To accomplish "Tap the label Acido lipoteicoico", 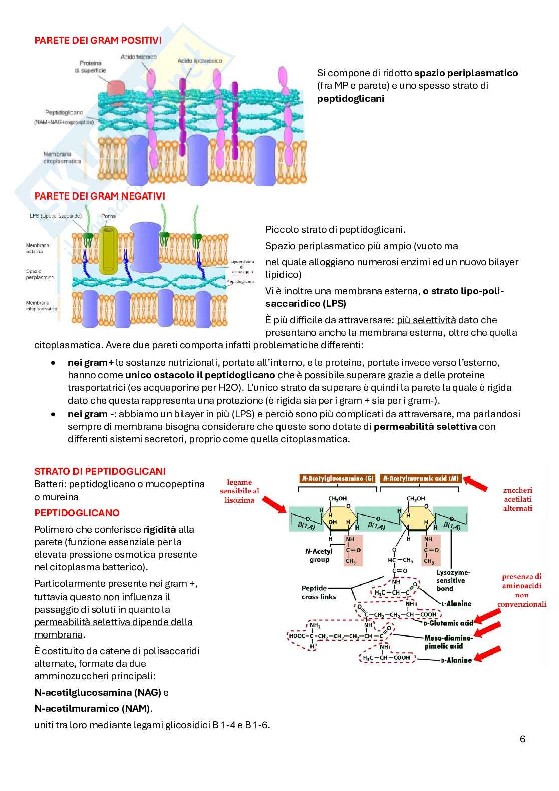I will point(200,60).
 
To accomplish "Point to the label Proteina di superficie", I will point(91,67).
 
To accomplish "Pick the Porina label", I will point(108,216).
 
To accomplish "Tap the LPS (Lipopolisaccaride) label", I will point(56,216).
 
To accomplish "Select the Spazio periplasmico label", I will point(40,274).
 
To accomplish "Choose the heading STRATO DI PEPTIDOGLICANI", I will point(100,471).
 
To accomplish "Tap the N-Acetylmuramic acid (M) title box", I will point(421,479).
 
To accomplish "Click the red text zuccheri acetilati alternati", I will point(518,499).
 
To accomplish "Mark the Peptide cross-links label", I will point(319,592).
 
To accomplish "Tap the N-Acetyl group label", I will point(319,555).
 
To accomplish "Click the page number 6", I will point(523,739).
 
